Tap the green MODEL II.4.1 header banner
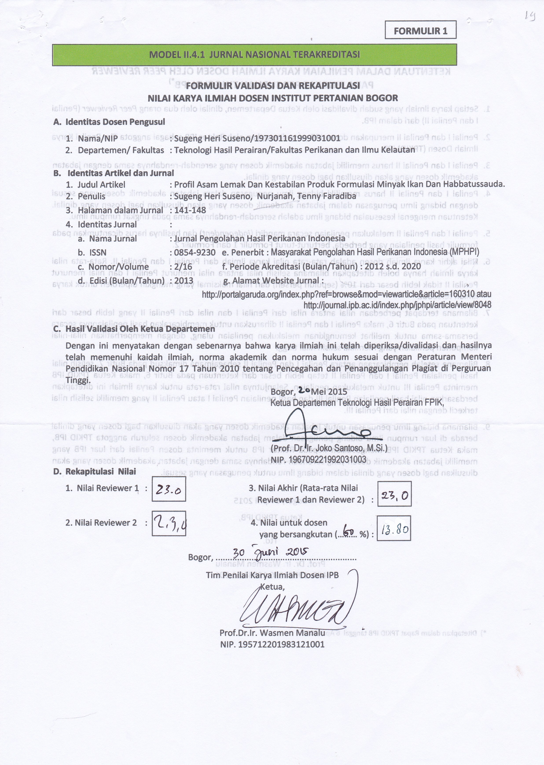(255, 55)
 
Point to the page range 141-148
(190, 210)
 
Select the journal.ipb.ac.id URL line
(397, 305)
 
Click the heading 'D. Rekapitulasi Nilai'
(95, 472)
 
